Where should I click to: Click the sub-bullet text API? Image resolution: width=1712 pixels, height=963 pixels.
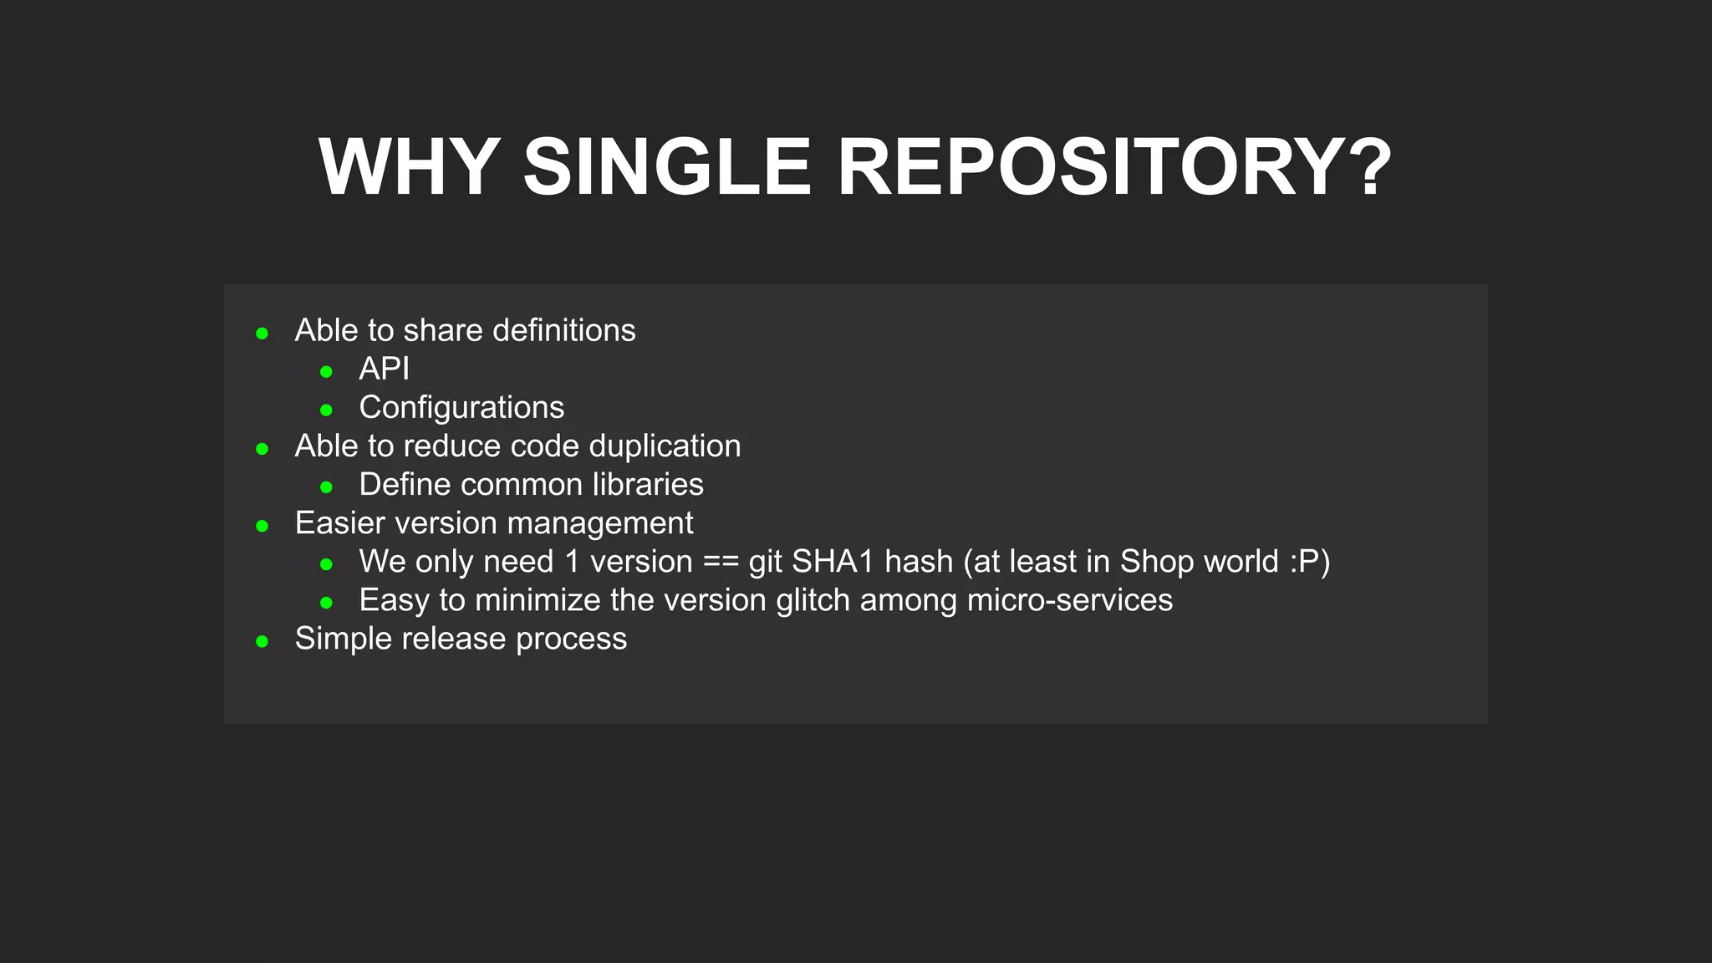point(384,369)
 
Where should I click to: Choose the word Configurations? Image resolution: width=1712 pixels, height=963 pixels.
point(461,408)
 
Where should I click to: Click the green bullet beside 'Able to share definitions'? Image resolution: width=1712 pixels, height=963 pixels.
point(262,334)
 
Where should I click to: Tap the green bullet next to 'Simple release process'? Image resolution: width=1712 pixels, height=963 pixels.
point(262,642)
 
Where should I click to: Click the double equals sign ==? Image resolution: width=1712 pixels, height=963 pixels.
point(721,563)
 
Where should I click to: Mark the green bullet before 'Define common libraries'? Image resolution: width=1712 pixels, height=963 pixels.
point(327,487)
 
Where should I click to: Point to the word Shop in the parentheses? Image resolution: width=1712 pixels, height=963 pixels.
point(1152,563)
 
